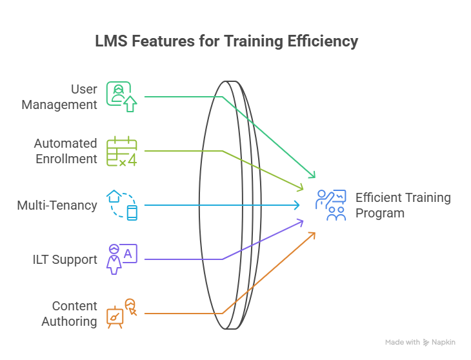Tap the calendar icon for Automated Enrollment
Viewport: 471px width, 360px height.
click(121, 152)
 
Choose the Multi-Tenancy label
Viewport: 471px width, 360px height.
click(57, 205)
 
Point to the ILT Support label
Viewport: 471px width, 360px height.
click(66, 259)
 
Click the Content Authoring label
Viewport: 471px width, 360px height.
click(70, 314)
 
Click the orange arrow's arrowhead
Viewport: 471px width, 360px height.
click(313, 234)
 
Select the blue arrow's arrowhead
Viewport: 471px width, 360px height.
click(298, 205)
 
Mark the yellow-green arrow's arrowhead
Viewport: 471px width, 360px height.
click(301, 188)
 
